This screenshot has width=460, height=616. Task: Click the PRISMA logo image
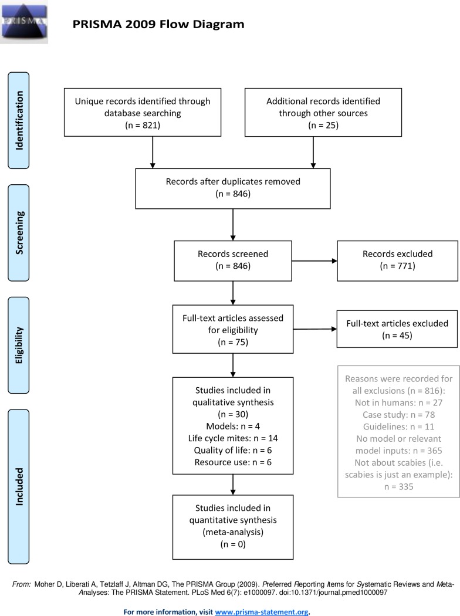click(x=24, y=22)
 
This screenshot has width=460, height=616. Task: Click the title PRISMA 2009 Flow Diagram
click(x=158, y=25)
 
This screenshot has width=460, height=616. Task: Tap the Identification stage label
click(x=18, y=120)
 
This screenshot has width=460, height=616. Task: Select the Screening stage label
click(x=18, y=232)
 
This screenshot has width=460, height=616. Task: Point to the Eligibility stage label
click(x=18, y=345)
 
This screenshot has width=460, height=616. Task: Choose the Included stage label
click(x=18, y=486)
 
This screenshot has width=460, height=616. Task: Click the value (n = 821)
click(x=143, y=126)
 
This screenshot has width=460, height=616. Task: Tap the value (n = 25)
click(x=323, y=126)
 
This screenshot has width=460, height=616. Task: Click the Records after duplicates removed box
click(x=233, y=188)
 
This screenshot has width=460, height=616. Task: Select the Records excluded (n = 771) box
click(x=398, y=261)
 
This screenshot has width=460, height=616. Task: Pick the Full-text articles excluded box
click(x=397, y=329)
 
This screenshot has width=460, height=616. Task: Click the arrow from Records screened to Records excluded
click(x=314, y=261)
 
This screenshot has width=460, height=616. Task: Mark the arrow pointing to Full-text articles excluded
click(x=315, y=329)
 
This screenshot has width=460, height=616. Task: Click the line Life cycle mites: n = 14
click(x=233, y=438)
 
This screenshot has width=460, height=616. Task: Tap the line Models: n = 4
click(x=233, y=427)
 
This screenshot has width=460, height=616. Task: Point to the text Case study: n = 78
click(x=399, y=414)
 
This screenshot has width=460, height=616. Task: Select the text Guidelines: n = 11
click(x=399, y=427)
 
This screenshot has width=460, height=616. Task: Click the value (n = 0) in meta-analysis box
click(x=233, y=544)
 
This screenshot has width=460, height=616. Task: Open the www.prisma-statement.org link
click(x=262, y=612)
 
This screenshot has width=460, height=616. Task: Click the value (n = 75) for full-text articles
click(x=233, y=342)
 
